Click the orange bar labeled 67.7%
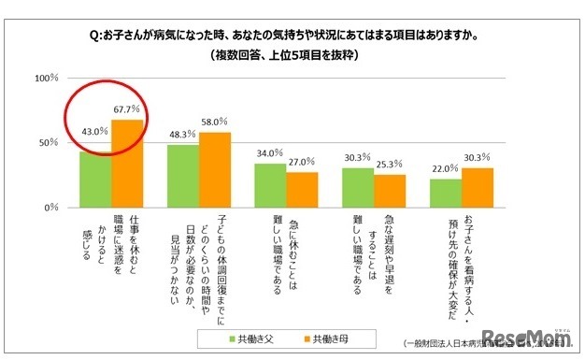click(128, 163)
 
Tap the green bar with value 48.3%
click(184, 175)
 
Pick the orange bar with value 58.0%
click(216, 169)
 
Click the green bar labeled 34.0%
click(271, 184)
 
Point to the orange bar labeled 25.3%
click(390, 190)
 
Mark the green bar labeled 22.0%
click(445, 193)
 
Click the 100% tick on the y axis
click(47, 78)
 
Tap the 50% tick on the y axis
click(50, 142)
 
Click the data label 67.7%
click(128, 109)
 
